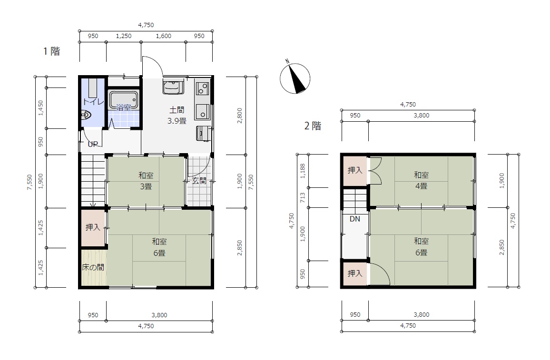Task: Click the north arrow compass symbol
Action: pyautogui.click(x=295, y=78)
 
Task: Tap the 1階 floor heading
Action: pyautogui.click(x=51, y=51)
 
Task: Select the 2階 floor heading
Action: pyautogui.click(x=313, y=126)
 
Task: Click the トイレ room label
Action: pyautogui.click(x=93, y=102)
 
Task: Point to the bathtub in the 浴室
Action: pyautogui.click(x=123, y=99)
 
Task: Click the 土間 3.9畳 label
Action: pyautogui.click(x=177, y=116)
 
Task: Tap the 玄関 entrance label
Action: pyautogui.click(x=199, y=181)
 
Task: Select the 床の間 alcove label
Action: pyautogui.click(x=93, y=267)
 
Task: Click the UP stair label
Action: pyautogui.click(x=93, y=144)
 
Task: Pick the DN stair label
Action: pyautogui.click(x=355, y=219)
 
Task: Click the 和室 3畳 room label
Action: pyautogui.click(x=146, y=181)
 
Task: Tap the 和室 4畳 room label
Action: pyautogui.click(x=421, y=180)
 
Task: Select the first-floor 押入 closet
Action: pyautogui.click(x=93, y=227)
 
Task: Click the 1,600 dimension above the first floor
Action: pyautogui.click(x=164, y=36)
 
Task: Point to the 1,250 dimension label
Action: pyautogui.click(x=124, y=36)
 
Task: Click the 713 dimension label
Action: pyautogui.click(x=303, y=197)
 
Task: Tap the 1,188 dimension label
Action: pyautogui.click(x=303, y=171)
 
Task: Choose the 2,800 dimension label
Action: pyautogui.click(x=239, y=116)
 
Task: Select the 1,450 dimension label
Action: pyautogui.click(x=41, y=108)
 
